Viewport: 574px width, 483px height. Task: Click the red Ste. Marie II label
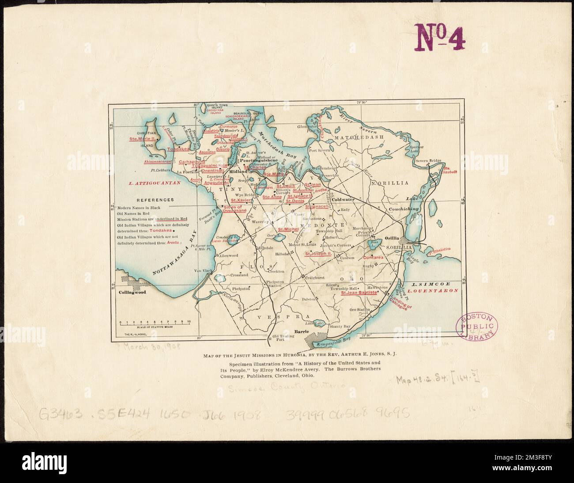(x=143, y=138)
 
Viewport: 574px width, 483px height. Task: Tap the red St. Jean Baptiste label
(x=359, y=293)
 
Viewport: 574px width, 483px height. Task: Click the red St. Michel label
(x=288, y=229)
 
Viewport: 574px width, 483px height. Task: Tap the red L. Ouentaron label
(x=433, y=291)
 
